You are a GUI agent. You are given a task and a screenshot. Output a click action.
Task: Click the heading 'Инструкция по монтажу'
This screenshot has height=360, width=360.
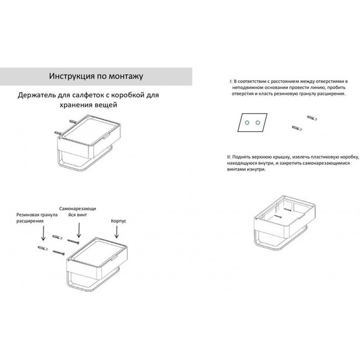tap(96, 76)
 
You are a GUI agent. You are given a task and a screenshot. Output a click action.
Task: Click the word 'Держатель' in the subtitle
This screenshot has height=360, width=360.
tap(36, 95)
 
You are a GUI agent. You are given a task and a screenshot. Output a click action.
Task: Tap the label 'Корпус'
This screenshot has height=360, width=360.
tap(119, 221)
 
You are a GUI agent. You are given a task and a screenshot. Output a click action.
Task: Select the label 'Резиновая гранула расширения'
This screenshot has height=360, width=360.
tap(37, 218)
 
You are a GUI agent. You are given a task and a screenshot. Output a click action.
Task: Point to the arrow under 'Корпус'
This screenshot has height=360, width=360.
tap(117, 232)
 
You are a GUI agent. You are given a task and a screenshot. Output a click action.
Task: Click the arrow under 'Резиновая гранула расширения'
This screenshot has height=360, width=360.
tap(43, 233)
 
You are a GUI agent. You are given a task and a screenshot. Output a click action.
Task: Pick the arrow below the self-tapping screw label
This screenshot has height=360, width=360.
tap(79, 230)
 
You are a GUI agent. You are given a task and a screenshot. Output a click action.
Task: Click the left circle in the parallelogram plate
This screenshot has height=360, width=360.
tap(247, 123)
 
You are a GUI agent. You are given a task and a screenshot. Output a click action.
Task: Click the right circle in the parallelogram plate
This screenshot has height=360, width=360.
tap(258, 123)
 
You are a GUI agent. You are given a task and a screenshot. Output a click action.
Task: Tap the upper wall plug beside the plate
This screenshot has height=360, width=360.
tap(312, 118)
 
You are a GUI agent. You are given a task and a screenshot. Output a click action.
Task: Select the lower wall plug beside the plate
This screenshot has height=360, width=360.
tap(297, 128)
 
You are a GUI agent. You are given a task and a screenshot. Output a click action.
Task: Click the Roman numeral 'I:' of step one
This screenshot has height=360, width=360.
tap(231, 81)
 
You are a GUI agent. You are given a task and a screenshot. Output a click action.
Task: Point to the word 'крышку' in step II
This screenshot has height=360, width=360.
tap(282, 157)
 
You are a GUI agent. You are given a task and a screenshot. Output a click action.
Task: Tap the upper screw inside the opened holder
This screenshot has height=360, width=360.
tap(287, 209)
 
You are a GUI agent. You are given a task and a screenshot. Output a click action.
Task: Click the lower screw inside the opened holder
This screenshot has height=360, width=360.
tap(279, 216)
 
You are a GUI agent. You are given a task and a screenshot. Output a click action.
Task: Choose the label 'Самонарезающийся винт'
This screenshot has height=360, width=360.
tap(78, 212)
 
